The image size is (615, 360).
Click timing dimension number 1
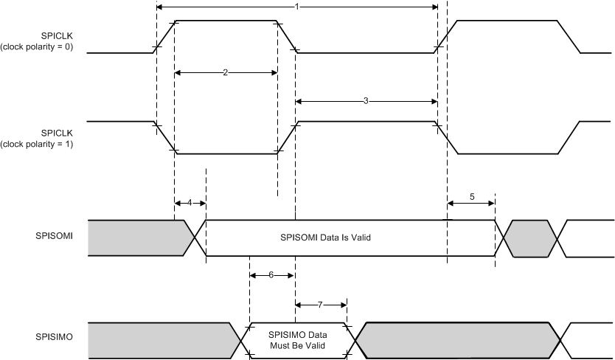click(296, 7)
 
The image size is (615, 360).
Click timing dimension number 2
click(224, 72)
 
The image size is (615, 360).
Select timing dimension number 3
click(366, 100)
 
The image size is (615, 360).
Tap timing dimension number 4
click(190, 202)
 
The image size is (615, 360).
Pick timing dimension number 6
click(271, 274)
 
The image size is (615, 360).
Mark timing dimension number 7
click(321, 304)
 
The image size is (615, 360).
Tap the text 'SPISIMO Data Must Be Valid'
click(298, 341)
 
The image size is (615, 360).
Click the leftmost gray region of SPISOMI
click(136, 238)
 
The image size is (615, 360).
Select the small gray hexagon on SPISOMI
click(529, 238)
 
